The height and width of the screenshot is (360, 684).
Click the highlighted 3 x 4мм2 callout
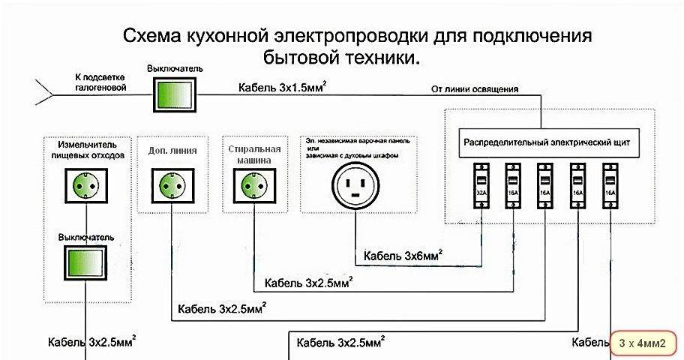coord(645,343)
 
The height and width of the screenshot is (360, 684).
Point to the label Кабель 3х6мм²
coord(403,256)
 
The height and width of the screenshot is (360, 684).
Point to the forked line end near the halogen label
coord(43,93)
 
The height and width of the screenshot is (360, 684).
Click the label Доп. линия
coord(172,150)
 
